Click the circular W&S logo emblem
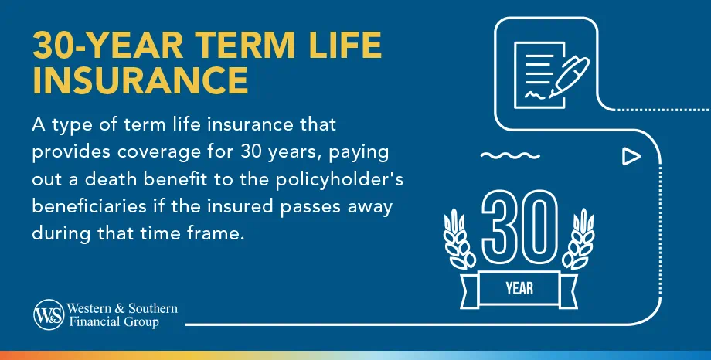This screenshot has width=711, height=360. pos(46,314)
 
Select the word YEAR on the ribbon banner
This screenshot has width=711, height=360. pos(519,289)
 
